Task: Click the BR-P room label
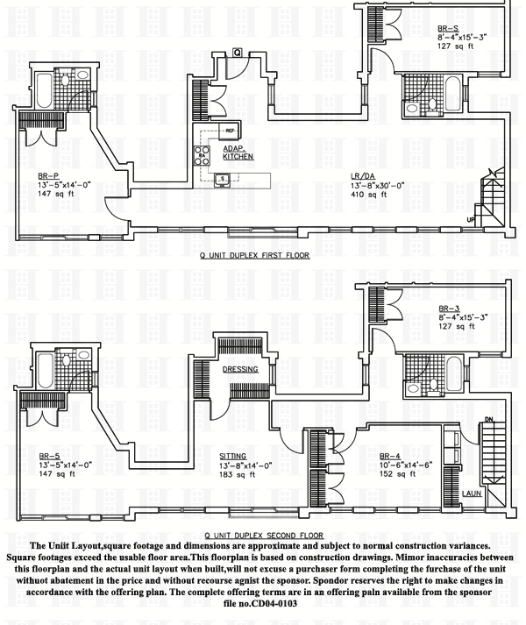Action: pos(47,175)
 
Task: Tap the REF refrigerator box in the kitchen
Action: pos(231,131)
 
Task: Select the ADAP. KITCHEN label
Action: pos(238,153)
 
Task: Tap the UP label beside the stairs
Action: pos(472,219)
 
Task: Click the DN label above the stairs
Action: pos(490,419)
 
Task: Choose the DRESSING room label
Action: pos(239,369)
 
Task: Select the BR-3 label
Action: pos(450,308)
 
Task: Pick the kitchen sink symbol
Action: pos(224,180)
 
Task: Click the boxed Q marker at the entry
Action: pos(238,53)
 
